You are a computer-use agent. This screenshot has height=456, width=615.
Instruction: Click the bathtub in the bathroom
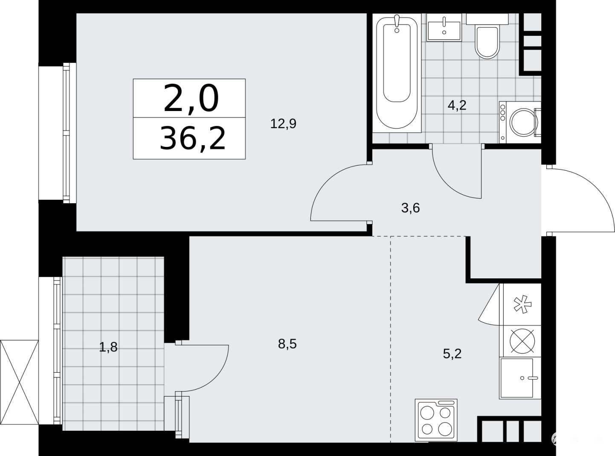pyautogui.click(x=397, y=73)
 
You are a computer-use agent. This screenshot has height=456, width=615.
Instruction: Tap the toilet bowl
pyautogui.click(x=487, y=43)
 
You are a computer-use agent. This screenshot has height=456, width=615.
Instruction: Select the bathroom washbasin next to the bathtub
pyautogui.click(x=444, y=27)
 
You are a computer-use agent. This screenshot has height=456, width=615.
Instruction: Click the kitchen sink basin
pyautogui.click(x=517, y=378)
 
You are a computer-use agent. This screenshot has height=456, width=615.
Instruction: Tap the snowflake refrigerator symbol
pyautogui.click(x=522, y=305)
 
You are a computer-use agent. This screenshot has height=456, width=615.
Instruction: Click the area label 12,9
pyautogui.click(x=283, y=123)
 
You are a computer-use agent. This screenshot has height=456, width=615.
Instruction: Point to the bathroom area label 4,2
pyautogui.click(x=457, y=105)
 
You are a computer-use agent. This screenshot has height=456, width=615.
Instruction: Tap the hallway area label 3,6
pyautogui.click(x=410, y=208)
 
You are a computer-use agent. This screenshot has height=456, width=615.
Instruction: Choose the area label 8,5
pyautogui.click(x=287, y=344)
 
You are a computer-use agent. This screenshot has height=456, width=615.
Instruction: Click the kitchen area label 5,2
pyautogui.click(x=452, y=354)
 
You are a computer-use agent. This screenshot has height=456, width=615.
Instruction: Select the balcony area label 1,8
pyautogui.click(x=108, y=347)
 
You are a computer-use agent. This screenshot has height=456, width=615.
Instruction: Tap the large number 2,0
pyautogui.click(x=191, y=99)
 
